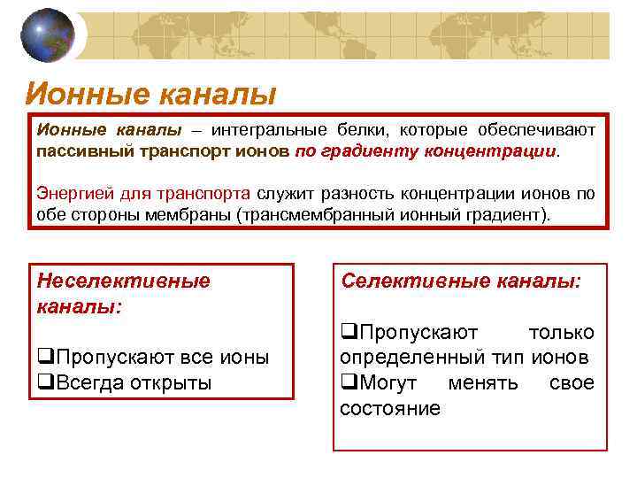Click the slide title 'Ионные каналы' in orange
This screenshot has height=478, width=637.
click(x=150, y=92)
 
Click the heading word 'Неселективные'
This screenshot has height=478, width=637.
click(x=124, y=281)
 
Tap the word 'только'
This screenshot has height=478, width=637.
click(x=560, y=332)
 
